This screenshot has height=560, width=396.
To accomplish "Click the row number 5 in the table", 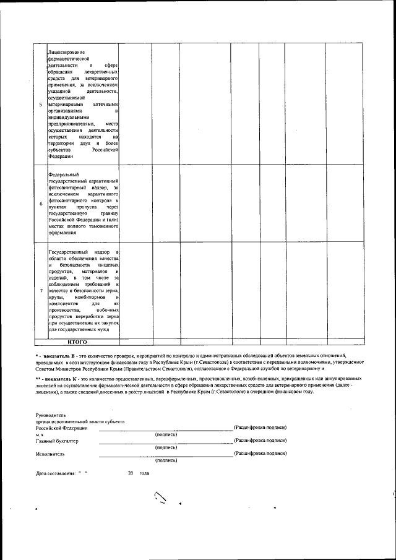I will (x=41, y=104).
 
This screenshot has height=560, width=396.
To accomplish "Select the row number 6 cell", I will (x=41, y=204).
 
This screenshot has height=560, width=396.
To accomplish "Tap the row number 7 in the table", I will (x=41, y=291).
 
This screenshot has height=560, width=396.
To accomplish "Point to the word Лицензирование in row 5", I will (x=66, y=51).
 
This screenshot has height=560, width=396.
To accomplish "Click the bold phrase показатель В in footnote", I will (x=59, y=356).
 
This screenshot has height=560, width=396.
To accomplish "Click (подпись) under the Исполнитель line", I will (x=166, y=460).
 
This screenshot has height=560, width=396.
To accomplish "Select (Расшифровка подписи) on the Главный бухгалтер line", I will (x=260, y=441).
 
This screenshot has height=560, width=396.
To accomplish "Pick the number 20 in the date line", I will (x=131, y=473).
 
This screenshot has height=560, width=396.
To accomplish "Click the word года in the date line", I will (x=144, y=473).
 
